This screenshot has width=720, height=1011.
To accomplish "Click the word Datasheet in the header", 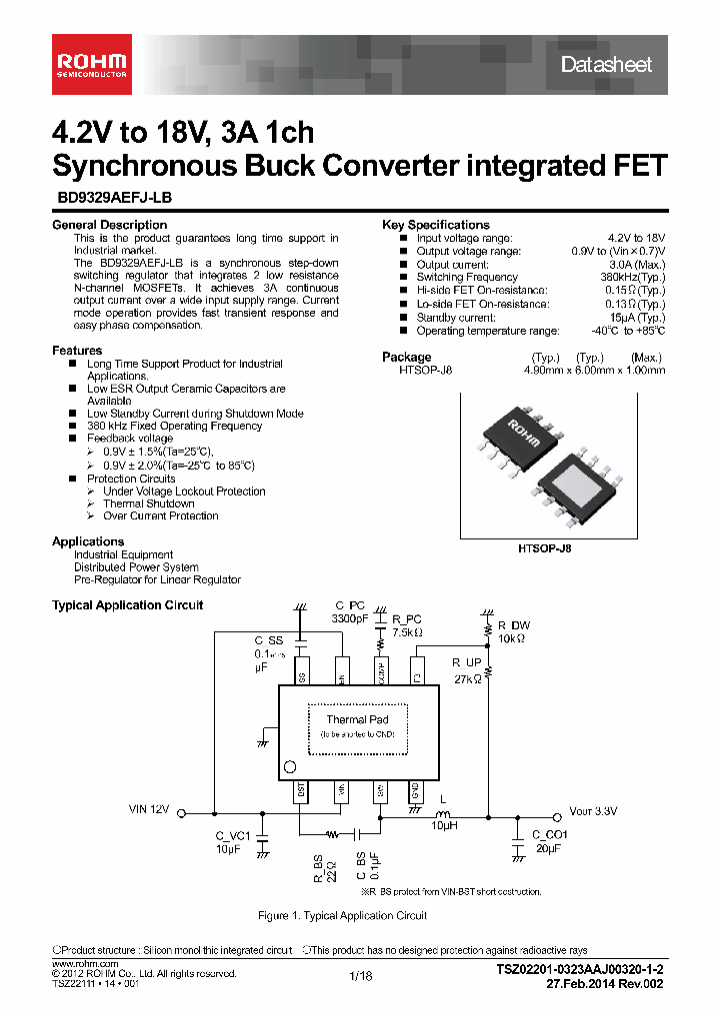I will pyautogui.click(x=606, y=65).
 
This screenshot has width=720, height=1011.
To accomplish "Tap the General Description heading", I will pyautogui.click(x=109, y=225).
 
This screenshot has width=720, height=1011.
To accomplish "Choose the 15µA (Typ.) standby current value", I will pyautogui.click(x=638, y=318).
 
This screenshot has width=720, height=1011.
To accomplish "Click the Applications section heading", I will pyautogui.click(x=88, y=541).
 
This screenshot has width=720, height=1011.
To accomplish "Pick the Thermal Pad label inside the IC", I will pyautogui.click(x=357, y=719).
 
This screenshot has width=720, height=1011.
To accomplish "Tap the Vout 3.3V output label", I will pyautogui.click(x=593, y=810).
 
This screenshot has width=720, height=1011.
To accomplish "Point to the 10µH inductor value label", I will pyautogui.click(x=445, y=826).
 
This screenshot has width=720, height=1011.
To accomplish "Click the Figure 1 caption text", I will pyautogui.click(x=342, y=915).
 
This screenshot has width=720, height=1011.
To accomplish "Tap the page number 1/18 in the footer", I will pyautogui.click(x=360, y=976).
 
